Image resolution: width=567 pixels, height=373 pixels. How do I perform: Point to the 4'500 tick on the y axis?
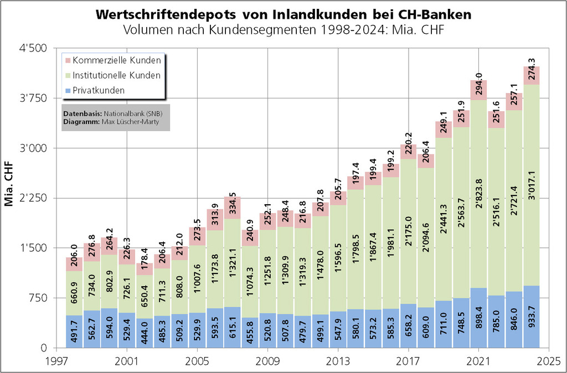coord(34,49)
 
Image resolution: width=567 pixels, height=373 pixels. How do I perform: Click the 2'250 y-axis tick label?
coord(34,199)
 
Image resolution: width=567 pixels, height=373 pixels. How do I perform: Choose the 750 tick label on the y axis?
coord(39,298)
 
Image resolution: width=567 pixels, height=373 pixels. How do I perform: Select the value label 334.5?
coord(233,204)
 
